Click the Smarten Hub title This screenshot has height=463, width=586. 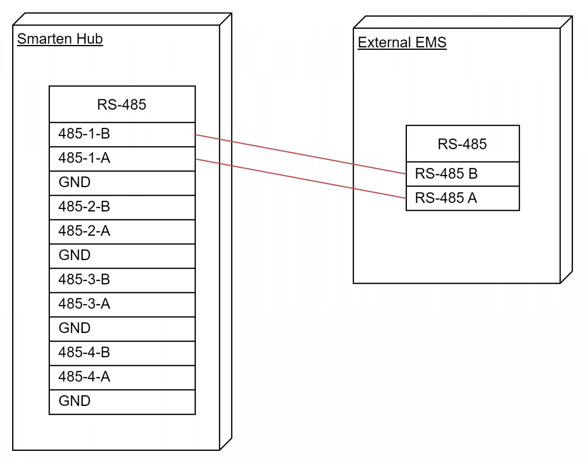(x=60, y=39)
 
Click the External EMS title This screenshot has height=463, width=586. (x=402, y=43)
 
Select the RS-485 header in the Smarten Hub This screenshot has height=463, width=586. (x=122, y=104)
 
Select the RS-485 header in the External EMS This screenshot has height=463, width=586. (x=462, y=144)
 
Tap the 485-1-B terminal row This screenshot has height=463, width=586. (x=122, y=134)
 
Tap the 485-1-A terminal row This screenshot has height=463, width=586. (x=122, y=159)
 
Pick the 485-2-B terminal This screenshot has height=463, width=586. (x=122, y=207)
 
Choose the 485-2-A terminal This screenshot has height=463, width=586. (x=122, y=232)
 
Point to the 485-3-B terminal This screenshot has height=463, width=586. (x=122, y=280)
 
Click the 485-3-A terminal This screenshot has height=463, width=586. (x=122, y=305)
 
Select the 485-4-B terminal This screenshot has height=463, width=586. (x=122, y=353)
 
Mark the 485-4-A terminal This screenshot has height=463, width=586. (x=122, y=378)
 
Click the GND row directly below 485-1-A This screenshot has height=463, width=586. (x=122, y=183)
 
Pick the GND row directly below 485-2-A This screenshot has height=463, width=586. (x=122, y=256)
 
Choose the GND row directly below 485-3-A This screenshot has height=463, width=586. (x=122, y=329)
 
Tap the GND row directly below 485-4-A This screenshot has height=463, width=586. (x=122, y=402)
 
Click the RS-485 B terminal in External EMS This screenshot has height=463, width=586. (x=462, y=174)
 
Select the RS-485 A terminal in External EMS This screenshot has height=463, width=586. (x=462, y=198)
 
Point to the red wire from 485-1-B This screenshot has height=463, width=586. (x=301, y=154)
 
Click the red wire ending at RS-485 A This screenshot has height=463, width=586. (x=301, y=179)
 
